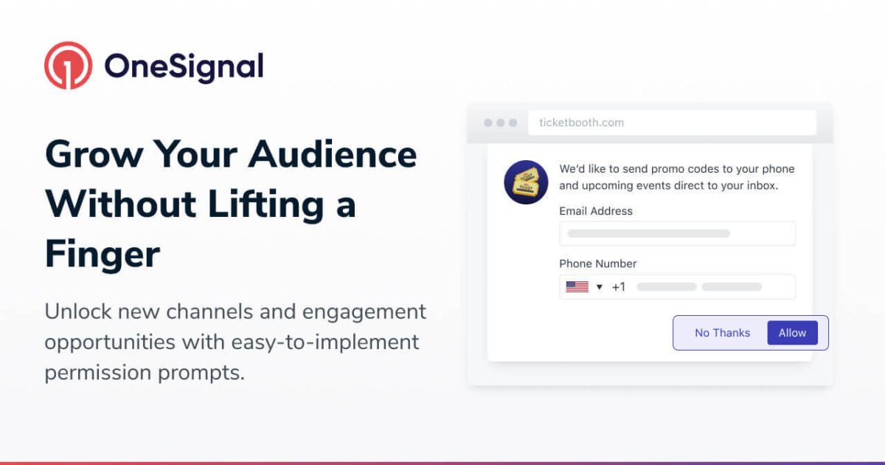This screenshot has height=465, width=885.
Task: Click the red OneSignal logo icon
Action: click(x=69, y=66)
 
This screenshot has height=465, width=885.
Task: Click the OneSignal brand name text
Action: click(x=184, y=67)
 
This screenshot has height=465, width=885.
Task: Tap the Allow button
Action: click(x=792, y=333)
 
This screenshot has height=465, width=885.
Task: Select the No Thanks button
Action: click(x=722, y=333)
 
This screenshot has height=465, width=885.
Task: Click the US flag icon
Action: click(x=577, y=286)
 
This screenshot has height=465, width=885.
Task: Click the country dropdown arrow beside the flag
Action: click(x=600, y=287)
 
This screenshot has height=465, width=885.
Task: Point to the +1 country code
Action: click(x=618, y=286)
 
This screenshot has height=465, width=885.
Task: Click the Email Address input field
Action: click(x=677, y=233)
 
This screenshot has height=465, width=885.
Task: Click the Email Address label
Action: click(x=596, y=211)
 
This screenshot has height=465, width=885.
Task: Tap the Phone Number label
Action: click(x=598, y=263)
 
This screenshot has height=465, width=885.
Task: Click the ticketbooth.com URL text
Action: click(x=582, y=123)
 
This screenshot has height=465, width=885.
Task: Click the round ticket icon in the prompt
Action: click(x=526, y=182)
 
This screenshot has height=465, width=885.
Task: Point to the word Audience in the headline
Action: click(x=333, y=154)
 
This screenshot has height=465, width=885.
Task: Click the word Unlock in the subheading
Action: click(x=78, y=311)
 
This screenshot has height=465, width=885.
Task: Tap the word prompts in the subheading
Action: click(x=201, y=373)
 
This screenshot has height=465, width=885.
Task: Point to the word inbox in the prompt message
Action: click(x=762, y=185)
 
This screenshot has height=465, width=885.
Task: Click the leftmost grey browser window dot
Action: click(x=488, y=123)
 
